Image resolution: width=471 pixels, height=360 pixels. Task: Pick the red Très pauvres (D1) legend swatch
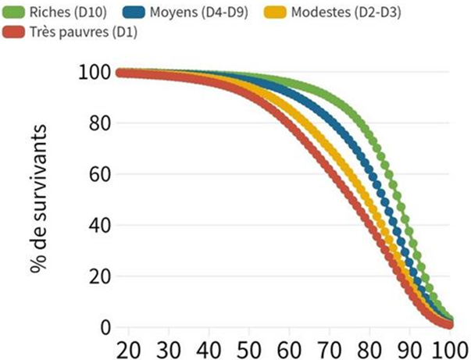(14, 32)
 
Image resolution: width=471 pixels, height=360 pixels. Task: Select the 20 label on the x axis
(130, 347)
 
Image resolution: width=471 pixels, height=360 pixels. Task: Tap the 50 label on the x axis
(252, 347)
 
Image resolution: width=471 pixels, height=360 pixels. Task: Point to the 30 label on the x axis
(170, 347)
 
